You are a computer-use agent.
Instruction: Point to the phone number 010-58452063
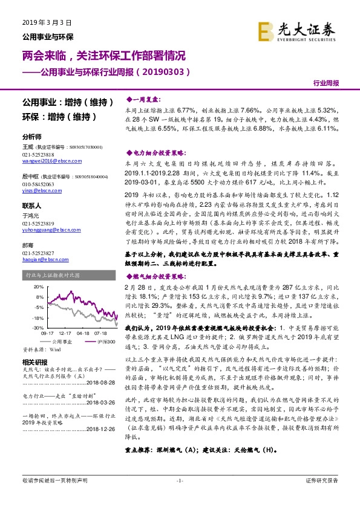39,184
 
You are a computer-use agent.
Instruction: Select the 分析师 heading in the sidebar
31,137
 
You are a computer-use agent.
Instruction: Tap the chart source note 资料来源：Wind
42,349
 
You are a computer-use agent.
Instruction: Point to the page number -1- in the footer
179,497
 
